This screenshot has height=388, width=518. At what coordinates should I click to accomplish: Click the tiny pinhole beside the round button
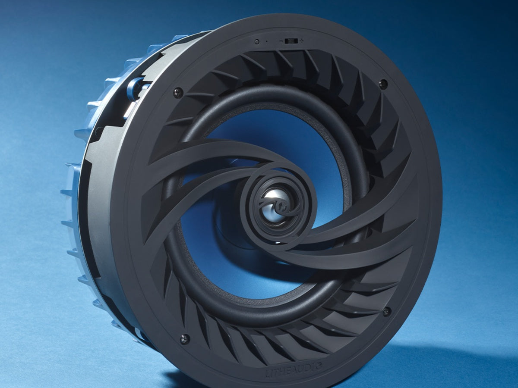pos(267,42)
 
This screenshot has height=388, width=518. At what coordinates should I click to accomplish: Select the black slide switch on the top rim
pos(291,41)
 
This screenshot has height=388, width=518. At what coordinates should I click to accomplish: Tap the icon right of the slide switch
pos(302,41)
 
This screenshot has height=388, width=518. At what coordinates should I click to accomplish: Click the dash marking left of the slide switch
pos(281,41)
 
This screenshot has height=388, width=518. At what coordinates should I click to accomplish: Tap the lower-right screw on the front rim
pos(386,311)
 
